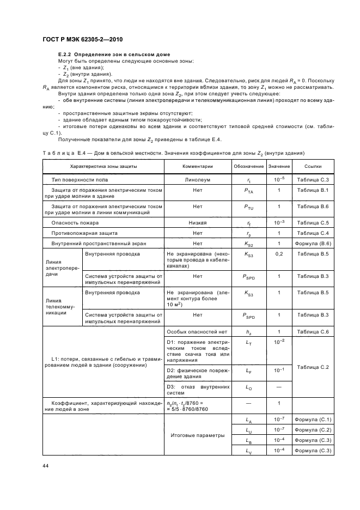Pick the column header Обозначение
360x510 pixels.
(249, 166)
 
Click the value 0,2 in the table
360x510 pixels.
(279, 254)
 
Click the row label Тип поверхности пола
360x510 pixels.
(80, 179)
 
